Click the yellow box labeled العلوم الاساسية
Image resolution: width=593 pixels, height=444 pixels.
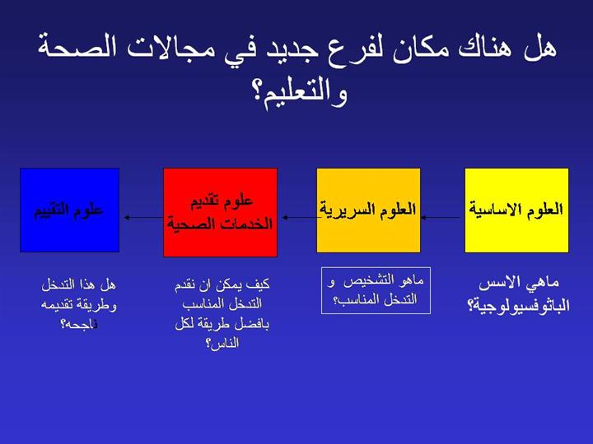pyautogui.click(x=516, y=210)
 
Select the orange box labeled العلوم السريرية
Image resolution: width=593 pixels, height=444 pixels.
pyautogui.click(x=368, y=210)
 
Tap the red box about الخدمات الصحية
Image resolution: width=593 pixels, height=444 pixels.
pyautogui.click(x=220, y=213)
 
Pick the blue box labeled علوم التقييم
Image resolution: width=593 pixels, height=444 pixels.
pyautogui.click(x=69, y=210)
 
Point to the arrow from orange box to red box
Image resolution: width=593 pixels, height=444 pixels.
pyautogui.click(x=300, y=217)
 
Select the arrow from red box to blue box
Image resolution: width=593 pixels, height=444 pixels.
pyautogui.click(x=144, y=217)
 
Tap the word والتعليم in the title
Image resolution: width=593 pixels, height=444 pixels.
pyautogui.click(x=300, y=95)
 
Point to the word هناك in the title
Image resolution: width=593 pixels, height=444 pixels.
pyautogui.click(x=487, y=47)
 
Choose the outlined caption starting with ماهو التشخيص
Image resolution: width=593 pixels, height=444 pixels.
pyautogui.click(x=376, y=290)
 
